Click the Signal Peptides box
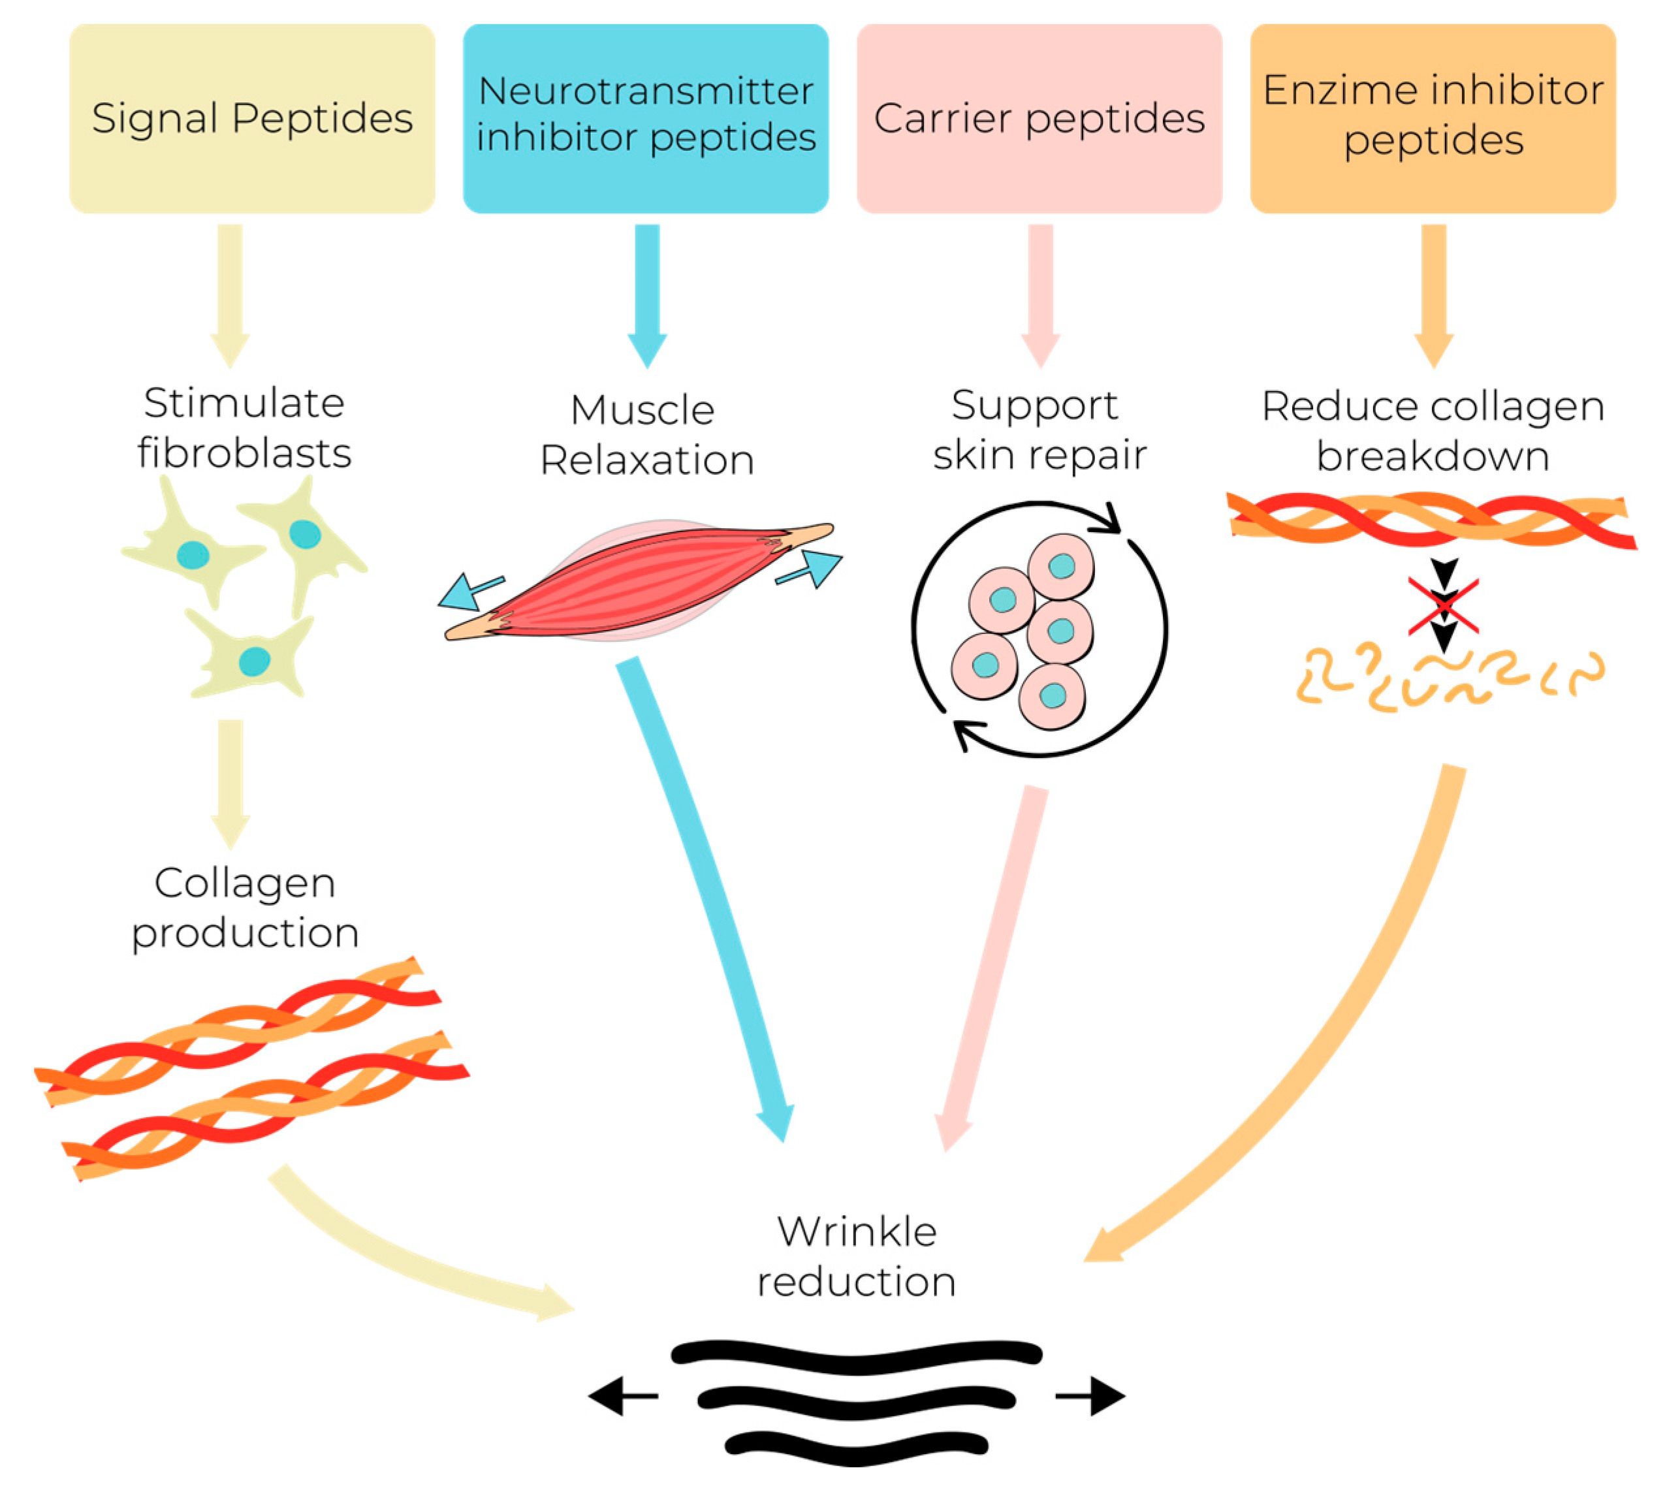coord(252,118)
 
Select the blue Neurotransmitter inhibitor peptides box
coord(645,118)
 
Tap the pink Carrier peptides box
coord(1039,118)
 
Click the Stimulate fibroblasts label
coord(244,428)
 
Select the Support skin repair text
coord(1039,430)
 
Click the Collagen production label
coord(244,907)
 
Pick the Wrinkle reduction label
coord(857,1256)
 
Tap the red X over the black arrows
coord(1443,607)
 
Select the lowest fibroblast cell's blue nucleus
coord(255,661)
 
